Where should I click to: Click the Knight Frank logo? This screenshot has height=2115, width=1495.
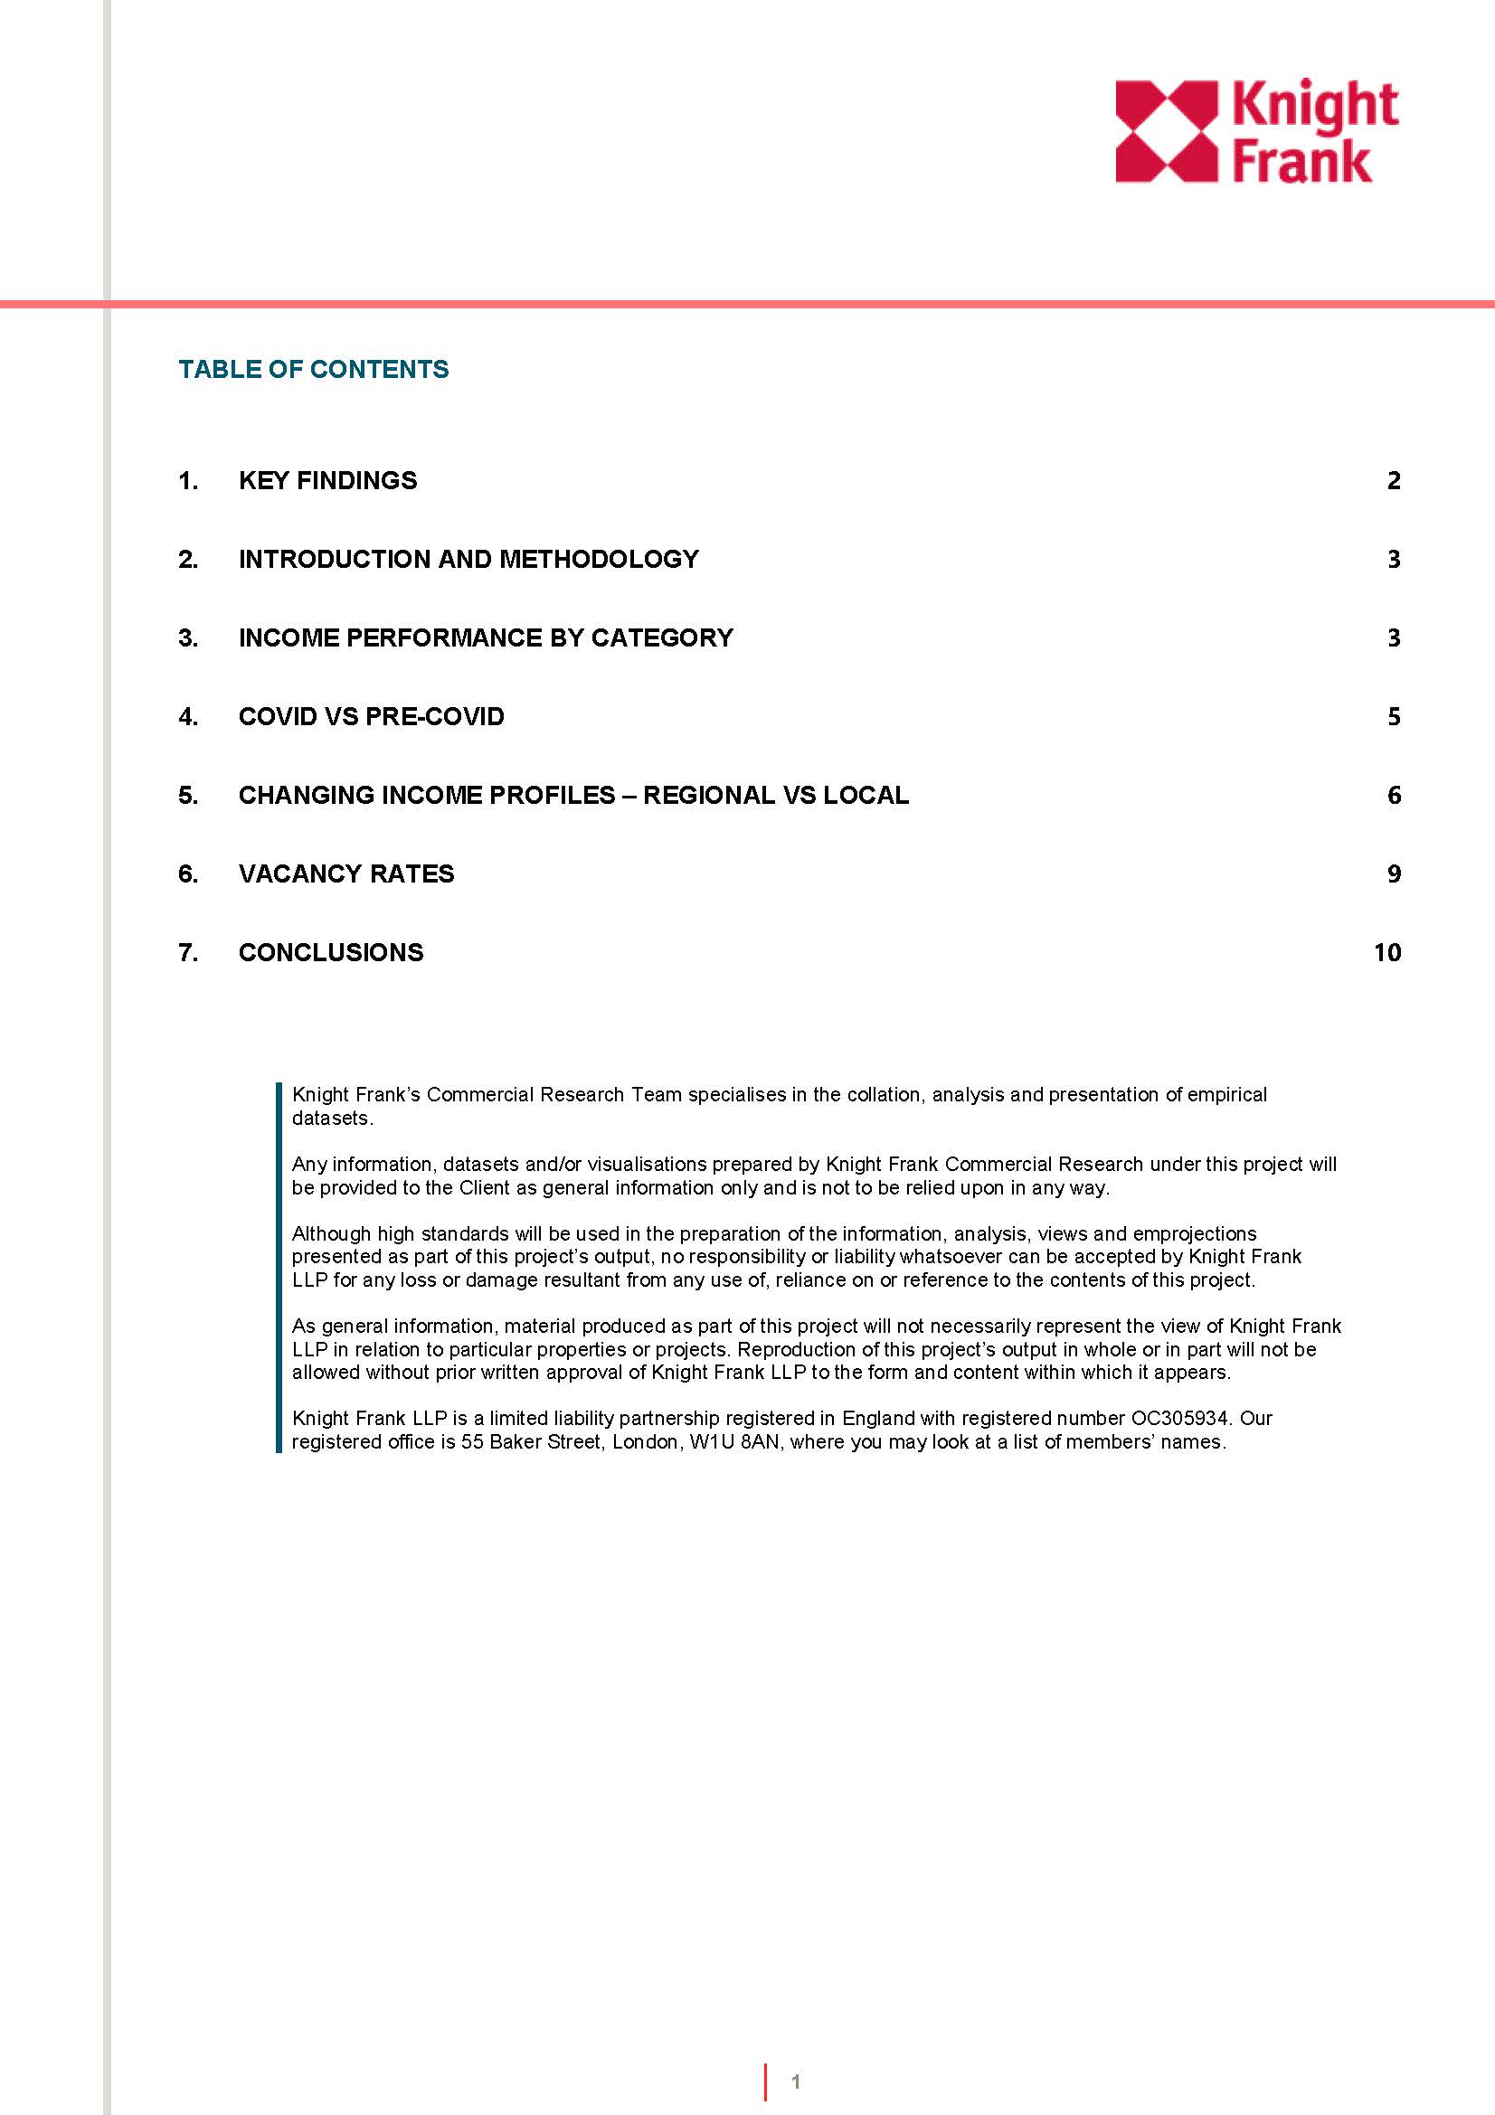(1256, 131)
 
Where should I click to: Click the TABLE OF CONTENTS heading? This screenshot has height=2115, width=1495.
(313, 370)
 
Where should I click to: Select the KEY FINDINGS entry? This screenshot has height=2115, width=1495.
(327, 481)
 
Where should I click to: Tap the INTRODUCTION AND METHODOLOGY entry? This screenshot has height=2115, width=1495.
(468, 559)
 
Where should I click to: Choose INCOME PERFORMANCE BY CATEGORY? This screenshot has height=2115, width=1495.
(486, 637)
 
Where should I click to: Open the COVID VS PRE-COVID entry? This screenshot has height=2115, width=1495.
(371, 717)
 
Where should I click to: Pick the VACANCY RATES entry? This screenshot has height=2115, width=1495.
(346, 873)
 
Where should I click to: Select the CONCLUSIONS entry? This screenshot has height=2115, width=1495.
(331, 952)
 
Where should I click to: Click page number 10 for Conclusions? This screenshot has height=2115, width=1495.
(1386, 952)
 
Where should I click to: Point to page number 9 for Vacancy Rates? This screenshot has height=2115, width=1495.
(1394, 873)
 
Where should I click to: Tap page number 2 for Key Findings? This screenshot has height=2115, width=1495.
(1394, 481)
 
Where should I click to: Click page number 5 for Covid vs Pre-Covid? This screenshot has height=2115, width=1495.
(1394, 717)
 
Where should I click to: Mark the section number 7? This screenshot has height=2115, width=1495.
(188, 952)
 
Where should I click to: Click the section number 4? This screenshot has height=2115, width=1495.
(188, 717)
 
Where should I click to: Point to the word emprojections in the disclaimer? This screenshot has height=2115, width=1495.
(1195, 1233)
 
